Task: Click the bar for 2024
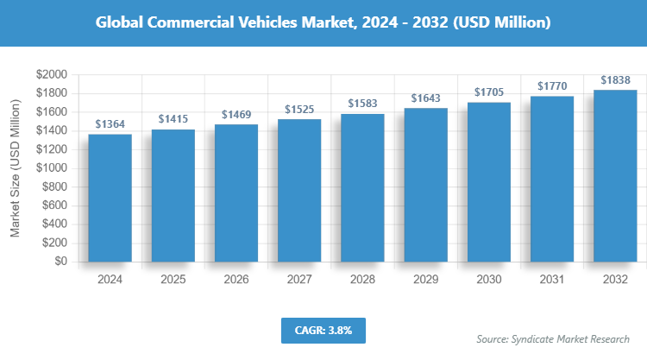click(110, 198)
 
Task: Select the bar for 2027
click(299, 190)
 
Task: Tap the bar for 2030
click(489, 181)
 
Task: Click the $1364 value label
click(110, 124)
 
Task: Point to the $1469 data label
click(236, 115)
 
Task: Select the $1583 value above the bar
click(362, 104)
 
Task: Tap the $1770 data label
click(552, 86)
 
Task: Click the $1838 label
click(615, 79)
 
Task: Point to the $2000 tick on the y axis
click(52, 75)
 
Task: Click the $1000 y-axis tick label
click(52, 168)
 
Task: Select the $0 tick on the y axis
click(60, 262)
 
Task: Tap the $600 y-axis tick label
click(55, 205)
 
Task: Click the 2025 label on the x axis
click(173, 280)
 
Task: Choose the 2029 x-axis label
click(425, 280)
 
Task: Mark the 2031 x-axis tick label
click(552, 280)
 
